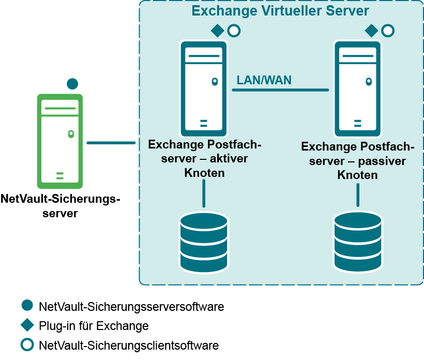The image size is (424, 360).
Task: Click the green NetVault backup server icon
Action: (x=60, y=141)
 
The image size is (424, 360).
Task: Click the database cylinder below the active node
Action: (x=204, y=243)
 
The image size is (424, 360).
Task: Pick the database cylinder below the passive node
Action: (x=358, y=243)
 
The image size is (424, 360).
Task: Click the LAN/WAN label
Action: (x=264, y=80)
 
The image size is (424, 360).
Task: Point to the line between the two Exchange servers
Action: (x=280, y=90)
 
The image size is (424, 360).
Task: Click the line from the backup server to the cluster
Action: (x=111, y=142)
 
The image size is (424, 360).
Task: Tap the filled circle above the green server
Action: (x=72, y=83)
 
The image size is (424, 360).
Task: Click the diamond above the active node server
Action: (x=218, y=31)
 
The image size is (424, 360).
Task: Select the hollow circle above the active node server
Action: (x=234, y=31)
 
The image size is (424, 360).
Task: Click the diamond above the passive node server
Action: (x=371, y=31)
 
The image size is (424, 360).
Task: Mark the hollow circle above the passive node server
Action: (x=387, y=31)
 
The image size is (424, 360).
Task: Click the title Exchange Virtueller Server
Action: (x=280, y=11)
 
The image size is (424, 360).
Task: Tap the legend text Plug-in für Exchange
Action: (x=94, y=326)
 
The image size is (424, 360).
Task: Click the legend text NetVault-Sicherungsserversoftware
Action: (x=131, y=307)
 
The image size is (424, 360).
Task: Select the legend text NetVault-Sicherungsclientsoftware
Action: (x=129, y=345)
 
